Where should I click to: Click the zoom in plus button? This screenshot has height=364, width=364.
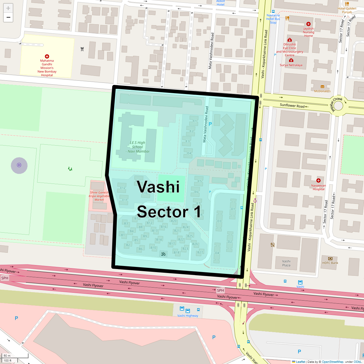8,8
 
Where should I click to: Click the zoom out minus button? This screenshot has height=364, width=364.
8,17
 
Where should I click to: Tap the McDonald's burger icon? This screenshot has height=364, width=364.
322,87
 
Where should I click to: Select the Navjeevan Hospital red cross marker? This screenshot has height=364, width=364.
318,180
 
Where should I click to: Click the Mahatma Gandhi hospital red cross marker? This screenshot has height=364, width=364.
47,56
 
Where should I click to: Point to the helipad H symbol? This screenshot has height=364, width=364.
19,165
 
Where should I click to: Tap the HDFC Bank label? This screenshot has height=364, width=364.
330,263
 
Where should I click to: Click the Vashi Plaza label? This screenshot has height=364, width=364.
286,263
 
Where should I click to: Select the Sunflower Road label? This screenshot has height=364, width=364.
292,106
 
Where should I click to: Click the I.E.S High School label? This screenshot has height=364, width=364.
137,147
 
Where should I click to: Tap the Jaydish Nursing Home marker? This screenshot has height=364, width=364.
308,24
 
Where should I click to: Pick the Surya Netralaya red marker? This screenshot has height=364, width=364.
291,60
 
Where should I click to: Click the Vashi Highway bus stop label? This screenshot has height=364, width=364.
187,316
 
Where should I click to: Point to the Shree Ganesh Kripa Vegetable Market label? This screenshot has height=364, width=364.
99,196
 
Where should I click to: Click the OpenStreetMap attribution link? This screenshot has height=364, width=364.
332,362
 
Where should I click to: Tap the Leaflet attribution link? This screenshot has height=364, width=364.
300,362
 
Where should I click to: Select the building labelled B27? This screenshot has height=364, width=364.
200,252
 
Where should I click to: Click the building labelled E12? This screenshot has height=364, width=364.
123,188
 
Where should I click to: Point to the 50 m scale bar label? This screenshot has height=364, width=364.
7,356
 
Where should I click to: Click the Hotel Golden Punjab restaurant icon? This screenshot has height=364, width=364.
347,4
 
